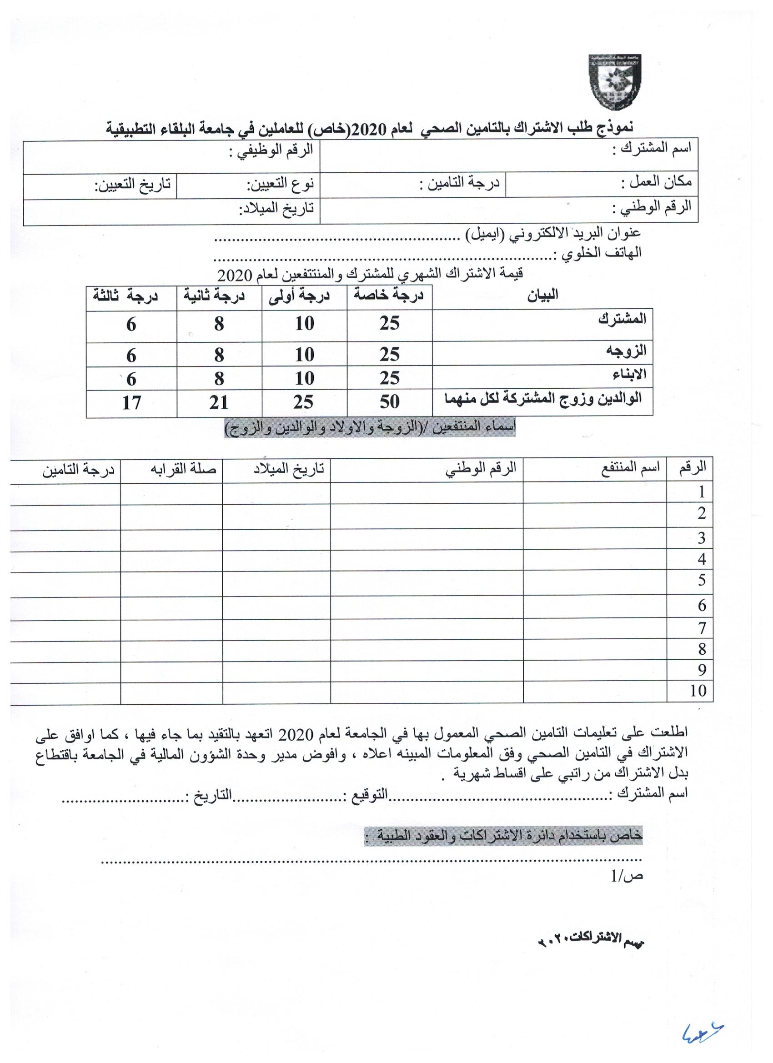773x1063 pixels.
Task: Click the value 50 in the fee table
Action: coord(389,401)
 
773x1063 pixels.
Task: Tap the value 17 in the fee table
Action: coord(131,402)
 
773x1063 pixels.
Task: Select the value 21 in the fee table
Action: coord(219,402)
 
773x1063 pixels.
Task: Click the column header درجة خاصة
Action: coord(389,295)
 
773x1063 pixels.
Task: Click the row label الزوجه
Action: coord(633,350)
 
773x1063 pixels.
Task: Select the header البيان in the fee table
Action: coord(542,295)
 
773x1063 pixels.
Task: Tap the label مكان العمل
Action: coord(656,182)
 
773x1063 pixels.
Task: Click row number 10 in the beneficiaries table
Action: coord(698,690)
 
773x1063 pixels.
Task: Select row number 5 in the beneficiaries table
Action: coord(701,580)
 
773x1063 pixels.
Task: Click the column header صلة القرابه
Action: coord(183,468)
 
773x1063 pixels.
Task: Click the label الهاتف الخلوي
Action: coord(597,253)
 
